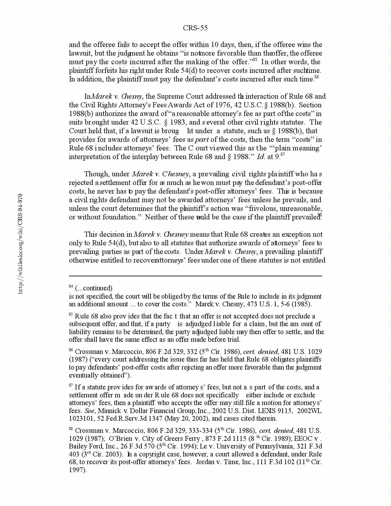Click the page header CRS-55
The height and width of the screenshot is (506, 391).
click(x=195, y=28)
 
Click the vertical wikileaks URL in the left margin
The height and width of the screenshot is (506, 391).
click(x=20, y=243)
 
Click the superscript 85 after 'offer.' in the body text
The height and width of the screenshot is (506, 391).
click(x=255, y=60)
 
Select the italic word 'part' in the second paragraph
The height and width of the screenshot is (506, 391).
click(x=202, y=140)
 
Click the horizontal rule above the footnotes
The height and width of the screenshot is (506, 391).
click(x=195, y=276)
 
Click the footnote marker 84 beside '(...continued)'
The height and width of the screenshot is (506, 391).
click(x=71, y=286)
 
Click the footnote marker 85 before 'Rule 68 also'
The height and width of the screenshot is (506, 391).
click(x=71, y=315)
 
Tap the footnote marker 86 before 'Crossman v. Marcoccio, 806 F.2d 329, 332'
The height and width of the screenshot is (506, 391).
click(x=71, y=350)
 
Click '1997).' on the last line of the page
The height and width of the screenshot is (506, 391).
click(x=78, y=470)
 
